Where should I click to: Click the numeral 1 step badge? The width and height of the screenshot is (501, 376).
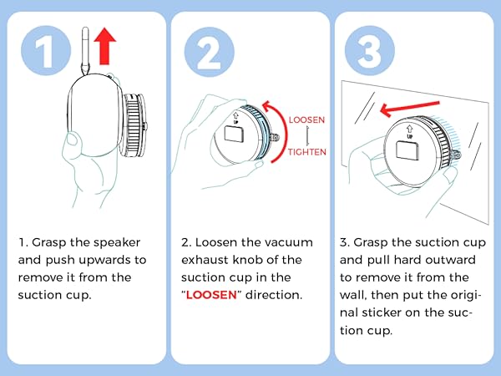[x=46, y=51]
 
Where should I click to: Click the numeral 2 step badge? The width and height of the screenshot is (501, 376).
[x=210, y=51]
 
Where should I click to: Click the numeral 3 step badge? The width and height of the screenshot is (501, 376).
[x=370, y=51]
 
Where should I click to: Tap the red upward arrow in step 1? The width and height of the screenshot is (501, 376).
[x=105, y=46]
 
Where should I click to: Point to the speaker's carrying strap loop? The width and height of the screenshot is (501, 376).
[x=85, y=51]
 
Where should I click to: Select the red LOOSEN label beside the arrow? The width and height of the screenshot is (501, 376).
[x=306, y=119]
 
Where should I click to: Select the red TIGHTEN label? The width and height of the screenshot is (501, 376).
[x=306, y=151]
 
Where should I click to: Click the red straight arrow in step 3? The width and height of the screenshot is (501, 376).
[x=410, y=109]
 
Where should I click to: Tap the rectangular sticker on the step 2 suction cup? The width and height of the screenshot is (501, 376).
[x=234, y=133]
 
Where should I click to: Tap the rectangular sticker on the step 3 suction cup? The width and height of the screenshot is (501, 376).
[x=407, y=150]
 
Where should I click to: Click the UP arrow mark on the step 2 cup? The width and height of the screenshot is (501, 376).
[x=235, y=117]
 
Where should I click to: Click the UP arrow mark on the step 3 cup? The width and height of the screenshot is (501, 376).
[x=409, y=131]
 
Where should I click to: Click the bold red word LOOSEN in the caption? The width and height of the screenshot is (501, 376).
[x=211, y=294]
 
